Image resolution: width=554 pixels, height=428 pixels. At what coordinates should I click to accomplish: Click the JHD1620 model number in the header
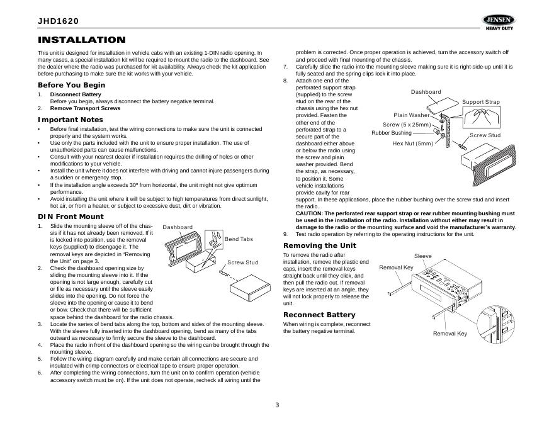59,21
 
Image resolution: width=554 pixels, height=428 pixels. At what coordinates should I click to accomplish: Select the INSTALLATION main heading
82,40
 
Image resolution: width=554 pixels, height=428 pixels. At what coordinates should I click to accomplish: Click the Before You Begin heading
71,85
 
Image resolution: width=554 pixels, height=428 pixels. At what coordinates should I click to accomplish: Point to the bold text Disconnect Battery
76,94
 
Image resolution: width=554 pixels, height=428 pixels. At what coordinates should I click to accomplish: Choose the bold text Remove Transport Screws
85,108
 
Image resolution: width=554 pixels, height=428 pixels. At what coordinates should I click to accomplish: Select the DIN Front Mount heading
71,217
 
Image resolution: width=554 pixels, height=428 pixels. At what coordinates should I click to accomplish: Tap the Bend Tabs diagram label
239,239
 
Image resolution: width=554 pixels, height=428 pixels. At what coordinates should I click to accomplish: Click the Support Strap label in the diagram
481,102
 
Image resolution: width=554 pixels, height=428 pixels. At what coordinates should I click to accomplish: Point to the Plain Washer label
412,115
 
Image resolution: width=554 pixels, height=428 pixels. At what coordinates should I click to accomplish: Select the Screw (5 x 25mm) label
407,125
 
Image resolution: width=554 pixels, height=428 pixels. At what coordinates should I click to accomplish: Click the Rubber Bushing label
391,133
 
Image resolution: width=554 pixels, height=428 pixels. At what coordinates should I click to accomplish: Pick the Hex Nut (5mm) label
413,143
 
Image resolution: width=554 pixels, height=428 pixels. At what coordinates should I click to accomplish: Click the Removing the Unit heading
320,245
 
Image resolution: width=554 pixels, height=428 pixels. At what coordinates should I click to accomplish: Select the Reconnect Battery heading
319,315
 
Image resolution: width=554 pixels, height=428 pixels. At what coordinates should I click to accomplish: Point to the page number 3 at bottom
277,404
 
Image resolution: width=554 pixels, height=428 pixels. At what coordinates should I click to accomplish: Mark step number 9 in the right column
285,234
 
